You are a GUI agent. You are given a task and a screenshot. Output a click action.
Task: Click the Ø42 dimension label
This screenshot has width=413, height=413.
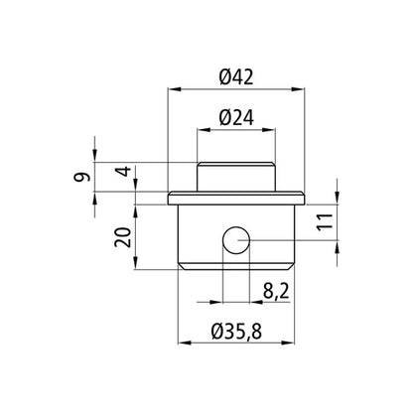(235, 74)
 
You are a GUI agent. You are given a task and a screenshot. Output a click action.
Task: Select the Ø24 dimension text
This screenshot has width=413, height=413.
(235, 115)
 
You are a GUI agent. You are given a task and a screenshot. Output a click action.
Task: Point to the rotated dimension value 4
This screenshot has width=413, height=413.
(122, 176)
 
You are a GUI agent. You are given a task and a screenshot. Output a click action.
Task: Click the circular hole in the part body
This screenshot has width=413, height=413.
(235, 239)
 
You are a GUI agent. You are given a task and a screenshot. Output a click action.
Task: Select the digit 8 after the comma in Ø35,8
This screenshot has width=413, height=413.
(261, 332)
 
